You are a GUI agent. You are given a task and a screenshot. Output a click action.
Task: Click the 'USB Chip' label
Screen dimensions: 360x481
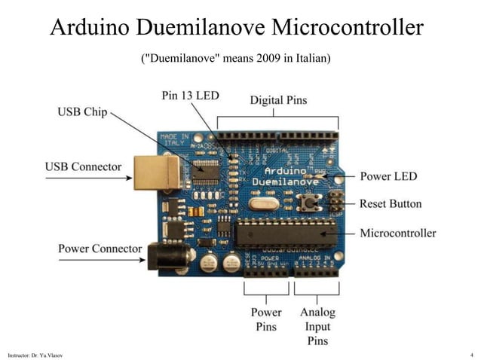(83, 112)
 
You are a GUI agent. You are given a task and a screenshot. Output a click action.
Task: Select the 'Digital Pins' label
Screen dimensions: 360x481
(278, 100)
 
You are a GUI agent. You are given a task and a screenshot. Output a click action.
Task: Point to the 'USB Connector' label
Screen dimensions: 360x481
(83, 166)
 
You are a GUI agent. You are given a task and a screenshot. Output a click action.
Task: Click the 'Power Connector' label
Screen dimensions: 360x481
(100, 248)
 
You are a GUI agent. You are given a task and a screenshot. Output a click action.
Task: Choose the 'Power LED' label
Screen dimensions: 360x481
(388, 176)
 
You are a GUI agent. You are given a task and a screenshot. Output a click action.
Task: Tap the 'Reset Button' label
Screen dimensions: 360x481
(391, 203)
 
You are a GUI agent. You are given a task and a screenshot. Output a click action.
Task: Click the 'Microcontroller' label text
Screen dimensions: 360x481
(397, 233)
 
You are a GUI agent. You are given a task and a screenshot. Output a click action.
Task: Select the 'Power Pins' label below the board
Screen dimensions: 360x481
(265, 319)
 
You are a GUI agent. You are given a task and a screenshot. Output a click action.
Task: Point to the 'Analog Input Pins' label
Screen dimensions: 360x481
(317, 326)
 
